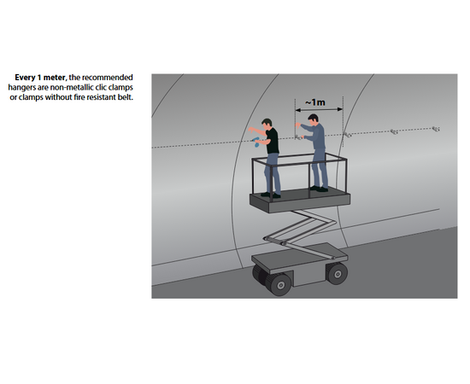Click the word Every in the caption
(x=25, y=78)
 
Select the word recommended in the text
(x=108, y=78)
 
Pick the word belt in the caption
(x=126, y=97)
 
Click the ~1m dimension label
(x=315, y=102)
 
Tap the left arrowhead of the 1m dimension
(x=297, y=110)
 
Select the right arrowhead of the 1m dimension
(x=340, y=109)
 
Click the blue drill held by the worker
(x=256, y=142)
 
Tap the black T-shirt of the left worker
(x=272, y=141)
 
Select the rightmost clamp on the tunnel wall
(x=436, y=129)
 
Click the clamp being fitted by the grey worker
(x=298, y=137)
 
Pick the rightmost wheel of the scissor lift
(x=337, y=273)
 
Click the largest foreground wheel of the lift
(x=279, y=284)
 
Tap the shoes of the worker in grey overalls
(x=319, y=189)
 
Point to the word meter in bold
(x=55, y=78)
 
